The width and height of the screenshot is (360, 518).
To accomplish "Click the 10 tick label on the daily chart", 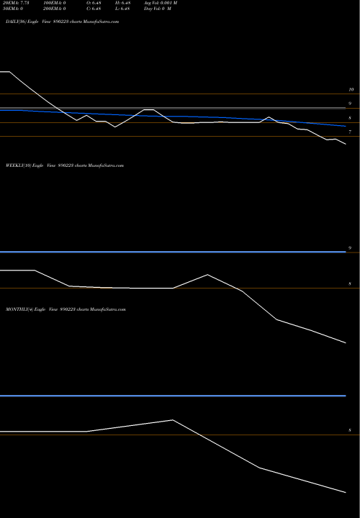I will [351, 90].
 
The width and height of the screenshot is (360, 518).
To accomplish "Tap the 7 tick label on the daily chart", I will [350, 132].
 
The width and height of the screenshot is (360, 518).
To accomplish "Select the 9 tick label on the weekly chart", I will [350, 248].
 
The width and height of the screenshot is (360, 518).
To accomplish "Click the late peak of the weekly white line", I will [207, 275].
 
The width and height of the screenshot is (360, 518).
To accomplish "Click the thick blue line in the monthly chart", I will [173, 396].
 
